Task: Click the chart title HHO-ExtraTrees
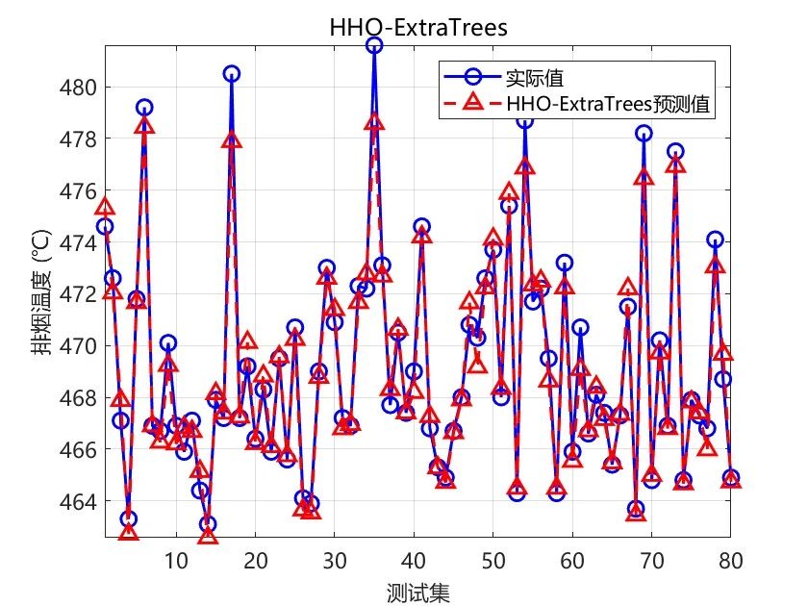pos(417,28)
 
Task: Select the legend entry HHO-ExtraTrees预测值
pos(610,105)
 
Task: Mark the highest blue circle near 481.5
pos(374,45)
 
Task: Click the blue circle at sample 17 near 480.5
pos(231,74)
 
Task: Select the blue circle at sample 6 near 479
pos(144,108)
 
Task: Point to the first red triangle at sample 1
pos(105,207)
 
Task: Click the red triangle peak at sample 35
pos(374,122)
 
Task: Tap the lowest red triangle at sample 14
pos(208,536)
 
